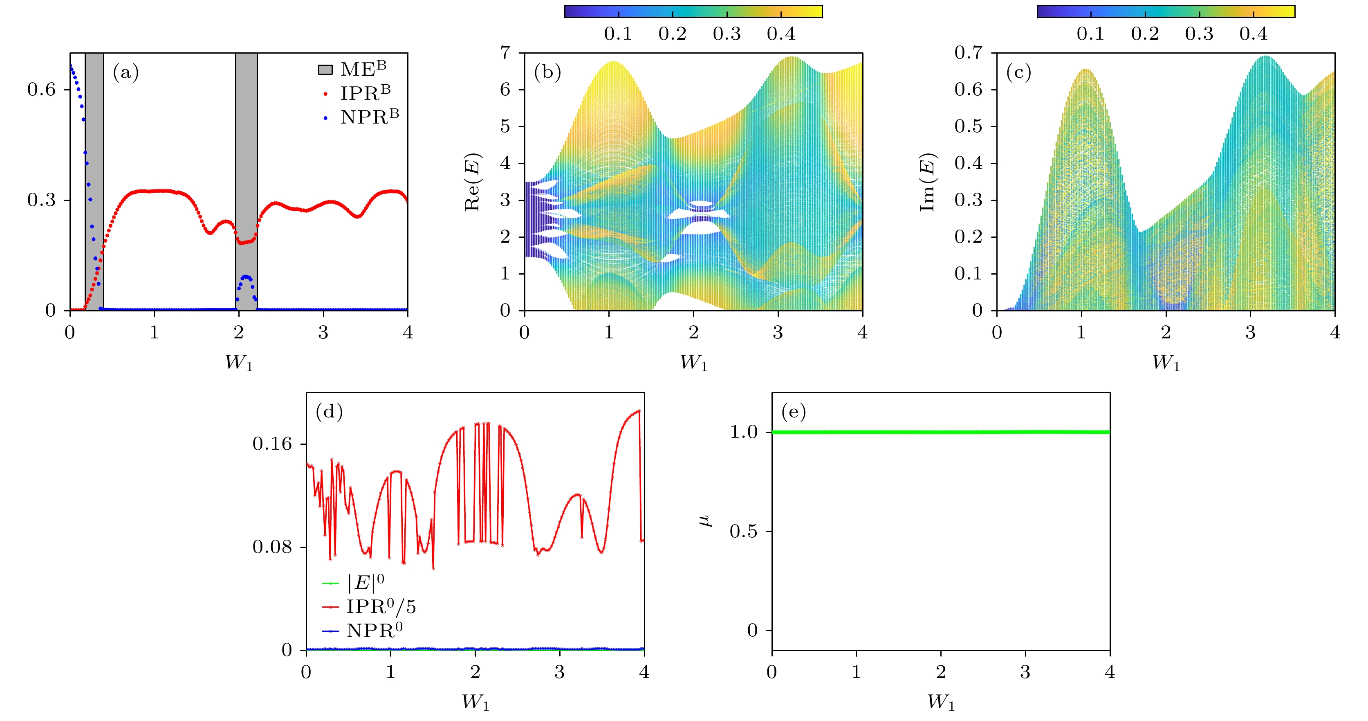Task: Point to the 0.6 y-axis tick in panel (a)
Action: pyautogui.click(x=41, y=89)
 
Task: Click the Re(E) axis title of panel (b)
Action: pyautogui.click(x=473, y=182)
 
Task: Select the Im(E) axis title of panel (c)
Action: pyautogui.click(x=927, y=182)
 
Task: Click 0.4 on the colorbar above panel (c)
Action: pyautogui.click(x=1253, y=34)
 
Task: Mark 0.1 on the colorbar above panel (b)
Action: pyautogui.click(x=618, y=34)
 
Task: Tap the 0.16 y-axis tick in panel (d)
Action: pyautogui.click(x=272, y=444)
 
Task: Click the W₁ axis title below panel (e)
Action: pyautogui.click(x=941, y=703)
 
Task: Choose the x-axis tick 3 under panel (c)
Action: pyautogui.click(x=1250, y=333)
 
